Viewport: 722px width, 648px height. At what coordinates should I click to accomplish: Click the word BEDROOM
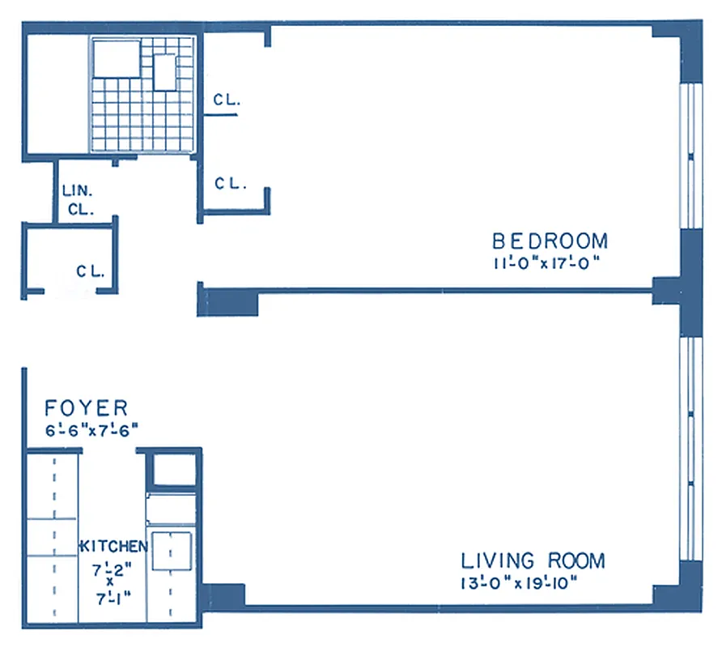pyautogui.click(x=550, y=241)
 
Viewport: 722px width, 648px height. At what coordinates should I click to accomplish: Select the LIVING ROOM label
pyautogui.click(x=533, y=561)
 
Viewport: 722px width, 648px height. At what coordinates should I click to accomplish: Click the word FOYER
pyautogui.click(x=86, y=407)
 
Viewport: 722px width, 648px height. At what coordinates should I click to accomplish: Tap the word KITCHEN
pyautogui.click(x=113, y=547)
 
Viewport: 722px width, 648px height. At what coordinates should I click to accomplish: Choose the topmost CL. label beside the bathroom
pyautogui.click(x=227, y=100)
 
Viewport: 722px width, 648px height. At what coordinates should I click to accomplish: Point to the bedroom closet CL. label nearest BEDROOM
pyautogui.click(x=231, y=183)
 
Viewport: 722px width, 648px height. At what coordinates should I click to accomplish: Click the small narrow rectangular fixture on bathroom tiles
pyautogui.click(x=165, y=72)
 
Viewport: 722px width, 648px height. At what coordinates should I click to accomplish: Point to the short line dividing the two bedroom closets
pyautogui.click(x=219, y=116)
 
